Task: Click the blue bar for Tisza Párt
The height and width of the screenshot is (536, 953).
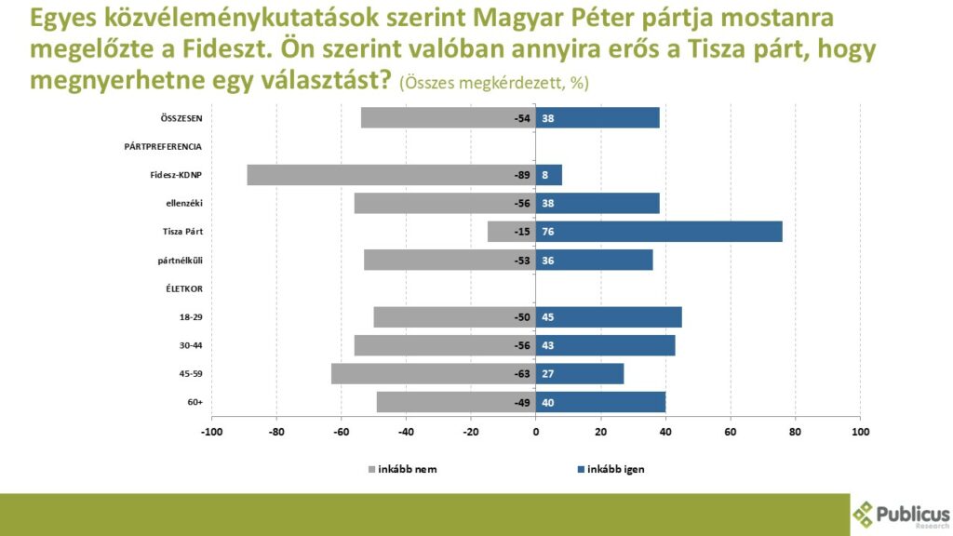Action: (x=659, y=232)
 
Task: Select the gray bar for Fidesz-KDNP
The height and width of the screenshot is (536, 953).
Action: (x=391, y=175)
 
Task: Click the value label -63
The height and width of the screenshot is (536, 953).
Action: (x=521, y=374)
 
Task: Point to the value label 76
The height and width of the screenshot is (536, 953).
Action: (x=549, y=232)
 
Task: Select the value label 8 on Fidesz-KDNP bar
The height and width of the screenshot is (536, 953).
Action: (x=545, y=175)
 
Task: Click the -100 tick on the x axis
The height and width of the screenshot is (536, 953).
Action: (x=211, y=432)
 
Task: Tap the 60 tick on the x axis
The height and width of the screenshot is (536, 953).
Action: (x=731, y=432)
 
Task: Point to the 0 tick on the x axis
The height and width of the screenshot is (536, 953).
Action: (x=536, y=432)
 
